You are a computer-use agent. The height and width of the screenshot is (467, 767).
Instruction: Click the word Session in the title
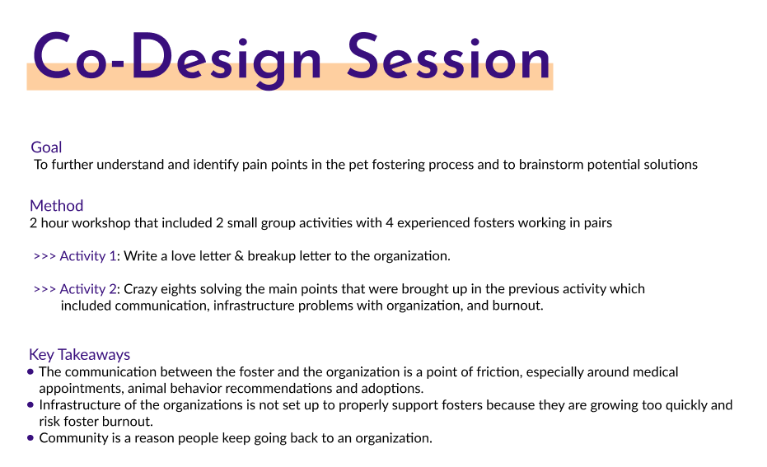click(x=449, y=57)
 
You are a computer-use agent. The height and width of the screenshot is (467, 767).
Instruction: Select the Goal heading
click(x=46, y=147)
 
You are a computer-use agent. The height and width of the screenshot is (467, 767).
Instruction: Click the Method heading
click(x=56, y=205)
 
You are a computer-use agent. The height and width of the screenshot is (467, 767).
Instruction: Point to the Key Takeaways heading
click(x=79, y=354)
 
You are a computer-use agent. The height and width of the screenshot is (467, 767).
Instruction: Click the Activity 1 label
click(x=88, y=256)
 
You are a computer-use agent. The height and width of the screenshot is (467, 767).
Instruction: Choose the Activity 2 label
click(x=88, y=289)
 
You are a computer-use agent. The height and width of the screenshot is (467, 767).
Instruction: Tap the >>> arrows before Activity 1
click(x=44, y=256)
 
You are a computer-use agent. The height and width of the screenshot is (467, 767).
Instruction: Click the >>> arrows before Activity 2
click(x=44, y=289)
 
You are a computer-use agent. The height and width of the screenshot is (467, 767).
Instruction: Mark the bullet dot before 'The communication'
click(x=30, y=372)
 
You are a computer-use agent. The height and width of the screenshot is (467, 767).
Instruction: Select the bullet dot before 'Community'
click(x=30, y=438)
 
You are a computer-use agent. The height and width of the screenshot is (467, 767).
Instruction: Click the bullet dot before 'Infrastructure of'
click(x=30, y=405)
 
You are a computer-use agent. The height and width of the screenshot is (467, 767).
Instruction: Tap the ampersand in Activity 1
click(x=239, y=256)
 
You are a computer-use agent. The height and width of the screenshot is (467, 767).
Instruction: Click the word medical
click(x=656, y=372)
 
